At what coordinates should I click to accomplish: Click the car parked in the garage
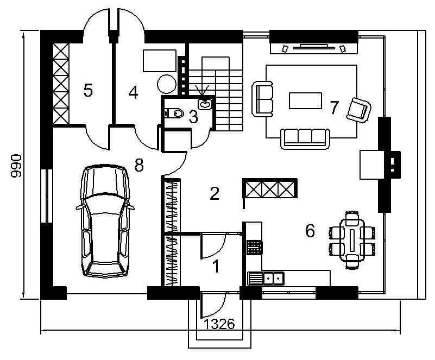pos(105,221)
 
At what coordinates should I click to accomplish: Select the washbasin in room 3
pos(205,104)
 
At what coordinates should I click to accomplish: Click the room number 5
pos(88,91)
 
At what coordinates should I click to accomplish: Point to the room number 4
pos(134,92)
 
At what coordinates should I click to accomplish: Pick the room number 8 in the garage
pos(139,165)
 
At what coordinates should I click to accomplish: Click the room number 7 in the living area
pos(335,108)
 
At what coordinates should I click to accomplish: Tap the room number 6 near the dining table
pos(310,231)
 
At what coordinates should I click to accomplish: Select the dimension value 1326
pos(219,324)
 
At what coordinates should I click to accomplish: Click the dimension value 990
pos(16,166)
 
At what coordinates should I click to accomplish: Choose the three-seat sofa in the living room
pos(305,138)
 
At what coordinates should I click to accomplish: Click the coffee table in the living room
pos(305,100)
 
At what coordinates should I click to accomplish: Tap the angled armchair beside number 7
pos(358,110)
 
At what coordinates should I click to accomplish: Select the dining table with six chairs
pos(352,240)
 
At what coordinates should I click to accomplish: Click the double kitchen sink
pos(266,279)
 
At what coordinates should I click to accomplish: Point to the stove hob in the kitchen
pos(254,248)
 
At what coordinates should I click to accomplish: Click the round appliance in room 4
pos(167,84)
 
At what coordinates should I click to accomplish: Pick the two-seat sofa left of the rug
pos(262,99)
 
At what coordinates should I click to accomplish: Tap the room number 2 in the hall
pos(215,193)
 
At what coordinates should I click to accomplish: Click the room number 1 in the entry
pos(216,266)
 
